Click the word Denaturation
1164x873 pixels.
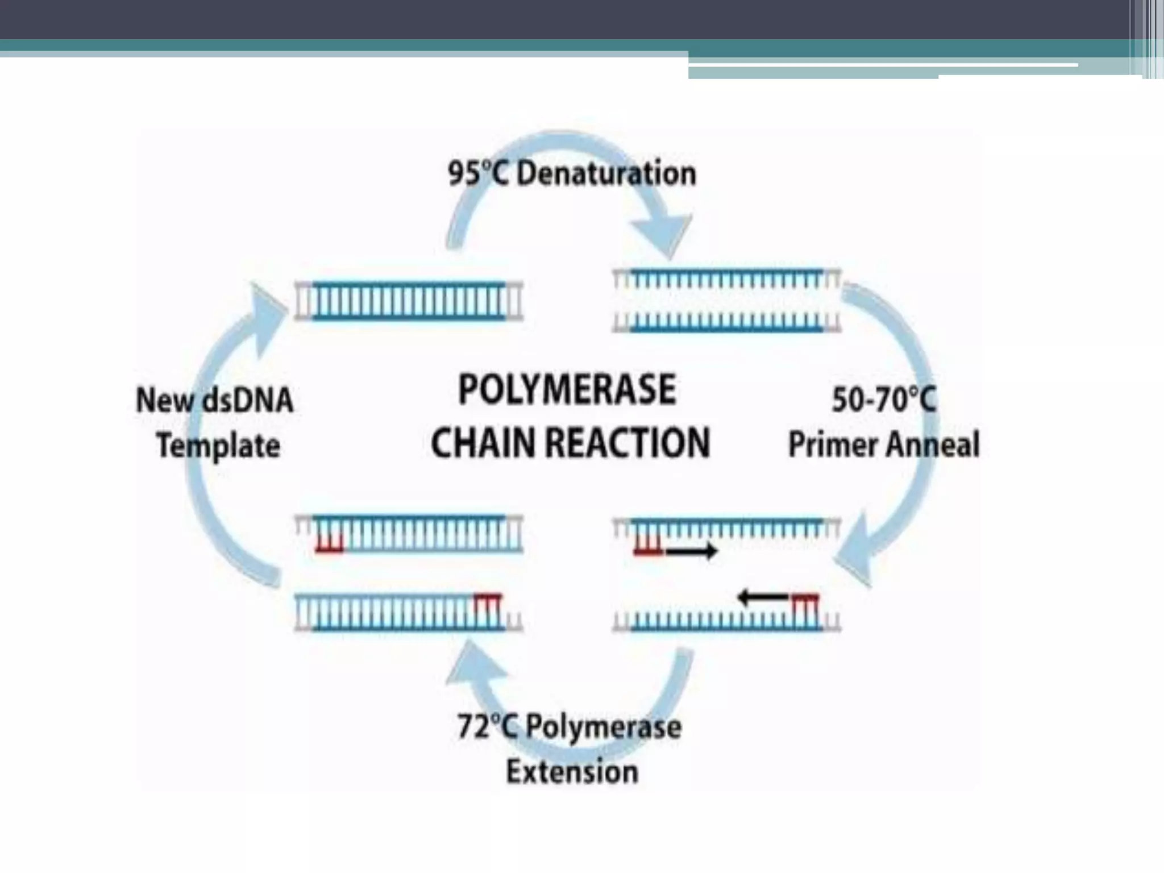[x=606, y=173]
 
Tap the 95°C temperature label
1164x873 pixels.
[x=478, y=173]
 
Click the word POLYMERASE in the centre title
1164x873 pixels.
[x=567, y=390]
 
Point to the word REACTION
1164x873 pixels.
[x=627, y=443]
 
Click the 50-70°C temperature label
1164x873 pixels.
[x=884, y=399]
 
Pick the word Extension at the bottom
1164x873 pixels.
[x=572, y=772]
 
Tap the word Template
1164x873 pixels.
[x=218, y=446]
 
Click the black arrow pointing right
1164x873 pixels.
[x=691, y=550]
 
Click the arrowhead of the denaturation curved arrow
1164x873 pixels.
[x=662, y=239]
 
